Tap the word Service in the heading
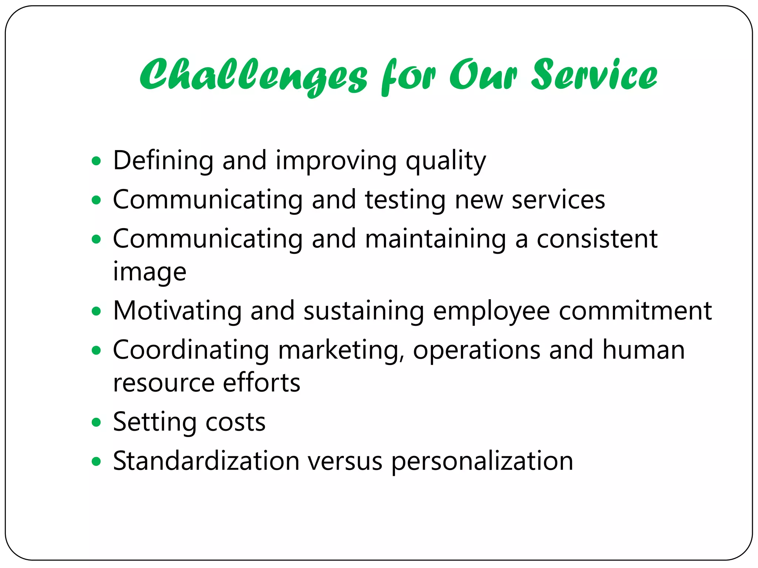pyautogui.click(x=594, y=75)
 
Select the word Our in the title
pyautogui.click(x=483, y=75)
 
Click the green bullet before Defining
pyautogui.click(x=96, y=161)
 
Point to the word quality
pyautogui.click(x=446, y=161)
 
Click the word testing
pyautogui.click(x=405, y=200)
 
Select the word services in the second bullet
pyautogui.click(x=558, y=200)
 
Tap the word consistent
pyautogui.click(x=597, y=239)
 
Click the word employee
pyautogui.click(x=491, y=311)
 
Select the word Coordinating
pyautogui.click(x=191, y=350)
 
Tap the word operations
pyautogui.click(x=476, y=350)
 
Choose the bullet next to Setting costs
pyautogui.click(x=96, y=422)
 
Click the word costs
pyautogui.click(x=235, y=422)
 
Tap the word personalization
pyautogui.click(x=482, y=462)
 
